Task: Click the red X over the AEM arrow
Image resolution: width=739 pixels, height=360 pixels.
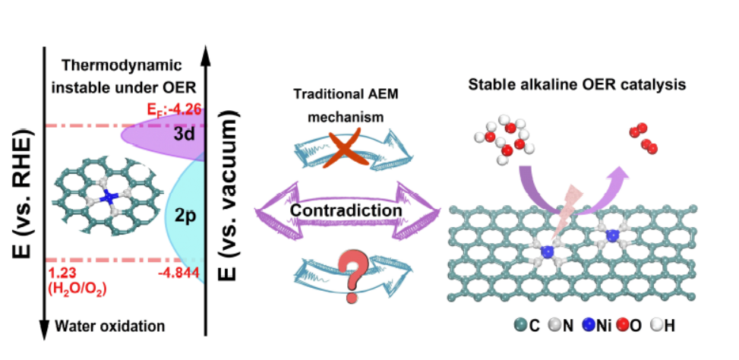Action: coord(339,150)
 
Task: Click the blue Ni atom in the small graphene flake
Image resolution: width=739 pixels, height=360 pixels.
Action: coord(109,197)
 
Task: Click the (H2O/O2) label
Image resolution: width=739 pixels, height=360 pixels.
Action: coord(75,289)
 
